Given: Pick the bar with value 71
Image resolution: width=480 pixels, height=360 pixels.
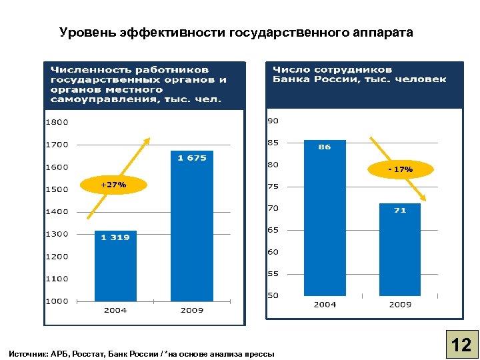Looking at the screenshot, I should (400, 249).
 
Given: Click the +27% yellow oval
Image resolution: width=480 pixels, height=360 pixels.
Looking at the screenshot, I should (113, 185).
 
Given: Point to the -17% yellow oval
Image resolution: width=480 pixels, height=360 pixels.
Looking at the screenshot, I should (401, 170).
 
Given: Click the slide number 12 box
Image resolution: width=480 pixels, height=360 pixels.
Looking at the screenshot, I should (461, 345).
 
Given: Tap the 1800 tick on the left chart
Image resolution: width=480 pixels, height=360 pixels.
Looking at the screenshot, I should (57, 122).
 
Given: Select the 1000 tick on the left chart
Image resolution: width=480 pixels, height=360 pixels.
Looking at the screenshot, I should (57, 301).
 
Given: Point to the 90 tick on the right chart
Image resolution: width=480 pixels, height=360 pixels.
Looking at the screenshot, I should (273, 121).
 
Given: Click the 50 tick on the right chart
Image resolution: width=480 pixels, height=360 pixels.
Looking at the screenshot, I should (273, 295).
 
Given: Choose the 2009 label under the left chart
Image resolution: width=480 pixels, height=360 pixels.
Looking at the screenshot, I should (192, 310).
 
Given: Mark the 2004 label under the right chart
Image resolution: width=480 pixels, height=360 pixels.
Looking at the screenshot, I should (325, 305).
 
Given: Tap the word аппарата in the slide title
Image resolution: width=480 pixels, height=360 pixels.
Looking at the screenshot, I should (385, 32).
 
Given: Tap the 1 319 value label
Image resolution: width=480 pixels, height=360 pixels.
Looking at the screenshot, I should (115, 237).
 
